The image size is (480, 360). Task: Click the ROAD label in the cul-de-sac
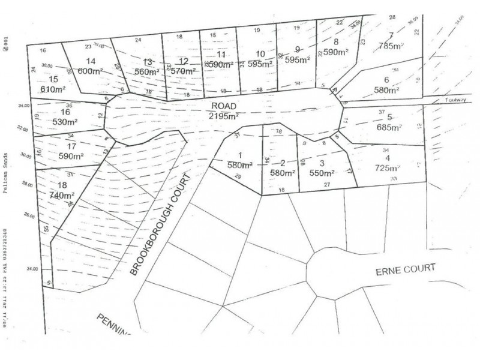(222, 104)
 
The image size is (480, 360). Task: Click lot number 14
(91, 61)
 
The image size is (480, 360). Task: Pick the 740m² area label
(62, 195)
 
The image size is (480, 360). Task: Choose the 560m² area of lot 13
(146, 70)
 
